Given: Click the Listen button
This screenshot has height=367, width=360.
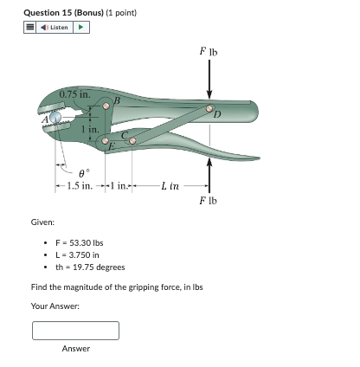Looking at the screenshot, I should (55, 27).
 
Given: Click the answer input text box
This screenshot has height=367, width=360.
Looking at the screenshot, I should (75, 331).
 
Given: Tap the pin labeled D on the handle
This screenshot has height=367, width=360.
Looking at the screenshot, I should (208, 110).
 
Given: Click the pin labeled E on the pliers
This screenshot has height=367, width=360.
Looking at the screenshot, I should (106, 139).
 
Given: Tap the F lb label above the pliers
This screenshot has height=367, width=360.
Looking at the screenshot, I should (208, 52).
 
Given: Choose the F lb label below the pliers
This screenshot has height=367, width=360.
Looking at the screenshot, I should (208, 202).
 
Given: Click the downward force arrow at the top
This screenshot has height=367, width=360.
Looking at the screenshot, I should (208, 82).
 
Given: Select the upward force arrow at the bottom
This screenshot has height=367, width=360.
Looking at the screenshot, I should (208, 173).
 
